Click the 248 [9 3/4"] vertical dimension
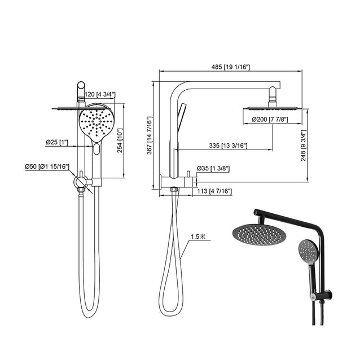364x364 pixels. pos(304,144)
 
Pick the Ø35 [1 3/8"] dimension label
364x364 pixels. pos(213,168)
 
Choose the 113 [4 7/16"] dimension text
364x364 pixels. pos(213,191)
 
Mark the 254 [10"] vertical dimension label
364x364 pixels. pos(120,141)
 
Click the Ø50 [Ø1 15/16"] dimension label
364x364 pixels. pos(46,166)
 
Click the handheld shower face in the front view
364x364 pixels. pos(97,122)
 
